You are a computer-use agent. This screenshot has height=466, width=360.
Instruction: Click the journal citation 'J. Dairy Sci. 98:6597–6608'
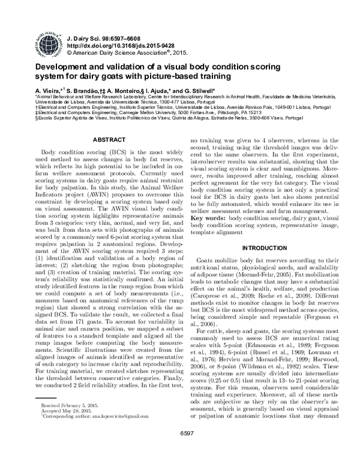[106, 37]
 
